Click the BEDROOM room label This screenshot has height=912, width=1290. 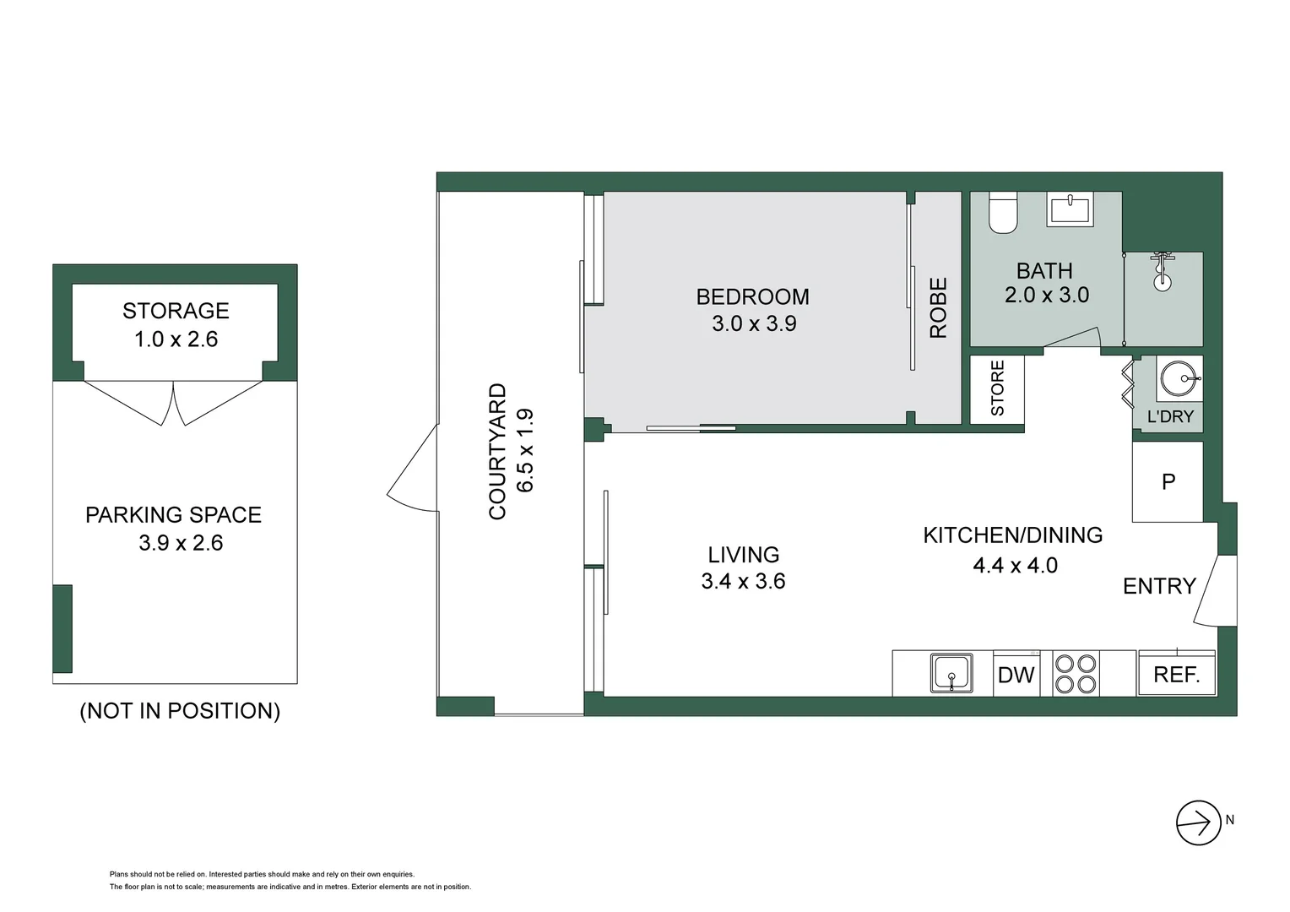[752, 296]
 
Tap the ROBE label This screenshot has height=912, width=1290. [938, 307]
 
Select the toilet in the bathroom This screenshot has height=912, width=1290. [1003, 213]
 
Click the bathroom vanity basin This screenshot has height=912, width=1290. [1070, 209]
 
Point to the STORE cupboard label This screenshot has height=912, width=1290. [997, 388]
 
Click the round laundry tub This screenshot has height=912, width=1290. [1179, 378]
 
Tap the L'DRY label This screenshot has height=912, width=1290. [1170, 416]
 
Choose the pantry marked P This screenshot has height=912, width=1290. [1168, 481]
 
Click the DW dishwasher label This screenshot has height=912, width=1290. [1016, 675]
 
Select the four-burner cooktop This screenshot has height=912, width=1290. [1076, 674]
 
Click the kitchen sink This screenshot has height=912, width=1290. [952, 672]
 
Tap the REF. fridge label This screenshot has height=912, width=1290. [1177, 674]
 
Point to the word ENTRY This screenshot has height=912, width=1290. [1159, 586]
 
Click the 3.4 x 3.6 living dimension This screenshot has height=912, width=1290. [743, 581]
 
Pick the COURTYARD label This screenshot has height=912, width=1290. [497, 452]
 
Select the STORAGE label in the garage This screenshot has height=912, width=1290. [176, 311]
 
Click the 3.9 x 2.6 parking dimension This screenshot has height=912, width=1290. [181, 543]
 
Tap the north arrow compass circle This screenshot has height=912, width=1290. [1199, 822]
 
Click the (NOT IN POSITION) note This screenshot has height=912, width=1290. [180, 711]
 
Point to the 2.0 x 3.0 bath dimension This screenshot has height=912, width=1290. [1047, 295]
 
